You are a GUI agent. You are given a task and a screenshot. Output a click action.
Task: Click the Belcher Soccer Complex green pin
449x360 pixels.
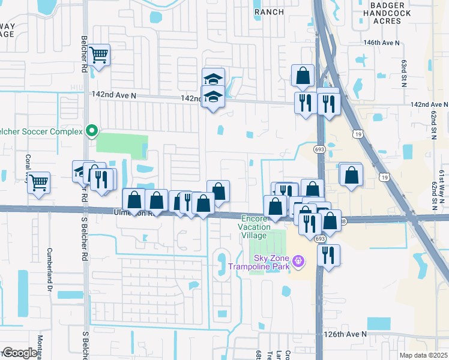92,130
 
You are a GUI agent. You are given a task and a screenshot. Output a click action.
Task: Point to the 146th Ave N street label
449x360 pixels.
381,43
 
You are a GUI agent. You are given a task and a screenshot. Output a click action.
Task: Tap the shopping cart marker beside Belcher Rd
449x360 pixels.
100,56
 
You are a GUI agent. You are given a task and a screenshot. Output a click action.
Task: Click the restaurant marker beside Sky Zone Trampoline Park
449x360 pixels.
328,254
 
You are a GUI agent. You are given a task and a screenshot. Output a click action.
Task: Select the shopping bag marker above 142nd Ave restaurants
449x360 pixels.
303,76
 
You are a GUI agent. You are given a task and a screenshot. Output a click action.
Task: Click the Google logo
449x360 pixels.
20,353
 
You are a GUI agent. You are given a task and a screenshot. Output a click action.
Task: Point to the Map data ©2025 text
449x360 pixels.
423,355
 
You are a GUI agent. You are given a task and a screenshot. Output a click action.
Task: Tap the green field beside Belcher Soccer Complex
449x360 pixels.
122,146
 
